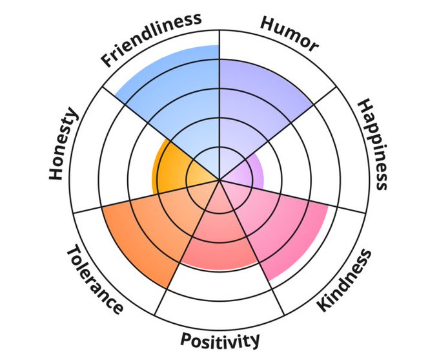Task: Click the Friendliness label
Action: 150,39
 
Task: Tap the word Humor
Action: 290,32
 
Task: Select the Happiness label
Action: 374,143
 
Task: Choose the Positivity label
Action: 220,340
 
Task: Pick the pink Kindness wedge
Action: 284,226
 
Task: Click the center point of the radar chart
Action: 219,180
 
